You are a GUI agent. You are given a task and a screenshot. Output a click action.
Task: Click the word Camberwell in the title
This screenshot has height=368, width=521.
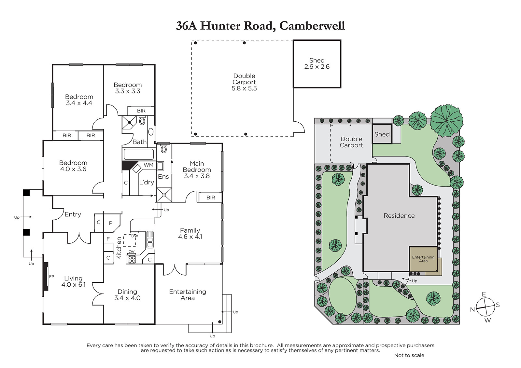point(312,26)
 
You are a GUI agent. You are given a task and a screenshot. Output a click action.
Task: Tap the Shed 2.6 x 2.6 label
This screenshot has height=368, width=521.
point(317,63)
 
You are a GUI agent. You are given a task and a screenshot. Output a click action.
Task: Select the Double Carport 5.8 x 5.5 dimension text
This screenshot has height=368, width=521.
point(244,88)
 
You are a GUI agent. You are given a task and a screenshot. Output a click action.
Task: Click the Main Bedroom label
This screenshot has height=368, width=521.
point(197,167)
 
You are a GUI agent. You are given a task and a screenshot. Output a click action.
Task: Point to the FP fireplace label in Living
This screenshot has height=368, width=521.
point(51,277)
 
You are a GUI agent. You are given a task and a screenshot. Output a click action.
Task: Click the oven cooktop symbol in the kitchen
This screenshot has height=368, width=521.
point(132,259)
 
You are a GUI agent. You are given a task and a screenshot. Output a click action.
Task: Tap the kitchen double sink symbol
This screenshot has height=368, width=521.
point(150,239)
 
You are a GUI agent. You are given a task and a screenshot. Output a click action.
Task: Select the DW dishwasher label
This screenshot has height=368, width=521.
point(135,236)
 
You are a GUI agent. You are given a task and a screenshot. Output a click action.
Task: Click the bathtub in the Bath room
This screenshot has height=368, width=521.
point(139,154)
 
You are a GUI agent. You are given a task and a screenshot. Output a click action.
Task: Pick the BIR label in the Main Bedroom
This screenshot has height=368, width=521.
point(211,198)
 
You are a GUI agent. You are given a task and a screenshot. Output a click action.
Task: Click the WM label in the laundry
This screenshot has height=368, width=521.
point(148,165)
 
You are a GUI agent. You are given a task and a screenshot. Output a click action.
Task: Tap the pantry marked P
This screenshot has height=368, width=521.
point(111,223)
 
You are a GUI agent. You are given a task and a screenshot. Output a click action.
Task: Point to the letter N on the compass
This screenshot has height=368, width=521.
point(472,310)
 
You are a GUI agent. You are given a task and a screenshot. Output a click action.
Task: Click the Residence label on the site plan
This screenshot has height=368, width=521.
point(399,216)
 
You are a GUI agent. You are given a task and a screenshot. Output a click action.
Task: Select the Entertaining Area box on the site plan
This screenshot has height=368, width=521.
point(424,259)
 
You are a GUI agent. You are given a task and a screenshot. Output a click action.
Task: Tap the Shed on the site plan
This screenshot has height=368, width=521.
point(382,134)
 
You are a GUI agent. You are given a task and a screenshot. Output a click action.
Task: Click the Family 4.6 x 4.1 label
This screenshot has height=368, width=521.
point(190,234)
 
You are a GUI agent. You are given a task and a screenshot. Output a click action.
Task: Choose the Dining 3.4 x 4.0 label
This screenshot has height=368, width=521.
point(127,295)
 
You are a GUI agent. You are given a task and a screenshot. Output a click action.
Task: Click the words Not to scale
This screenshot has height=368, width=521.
point(409,355)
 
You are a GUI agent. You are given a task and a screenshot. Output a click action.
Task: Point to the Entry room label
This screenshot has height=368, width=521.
point(73,214)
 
